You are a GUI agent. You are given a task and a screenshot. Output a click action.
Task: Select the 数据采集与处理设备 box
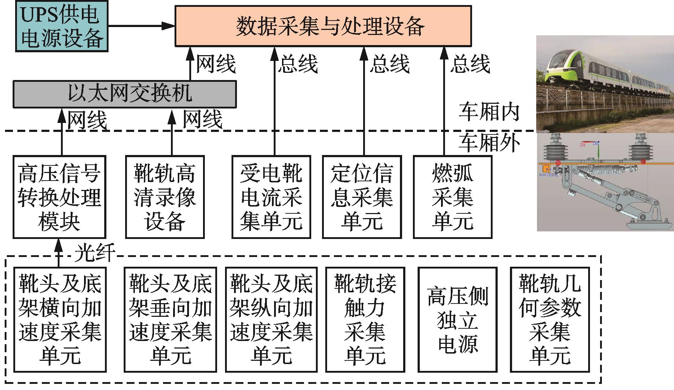[323, 26]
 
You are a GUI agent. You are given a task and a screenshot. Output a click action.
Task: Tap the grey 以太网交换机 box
[124, 94]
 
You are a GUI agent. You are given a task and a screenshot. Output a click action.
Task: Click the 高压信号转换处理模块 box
[59, 197]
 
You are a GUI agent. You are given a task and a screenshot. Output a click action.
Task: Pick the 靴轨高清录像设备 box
[165, 197]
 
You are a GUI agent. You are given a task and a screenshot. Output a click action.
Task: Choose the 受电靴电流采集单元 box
[271, 197]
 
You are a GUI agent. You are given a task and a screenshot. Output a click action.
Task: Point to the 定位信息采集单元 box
[362, 197]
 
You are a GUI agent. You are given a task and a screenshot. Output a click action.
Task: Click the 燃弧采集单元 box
[453, 197]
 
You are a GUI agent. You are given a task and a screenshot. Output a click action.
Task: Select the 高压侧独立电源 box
[458, 319]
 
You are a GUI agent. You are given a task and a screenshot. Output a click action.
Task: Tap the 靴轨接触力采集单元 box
[365, 319]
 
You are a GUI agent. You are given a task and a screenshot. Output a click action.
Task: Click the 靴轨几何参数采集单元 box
[550, 319]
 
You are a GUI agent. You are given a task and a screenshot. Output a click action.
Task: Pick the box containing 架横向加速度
[60, 319]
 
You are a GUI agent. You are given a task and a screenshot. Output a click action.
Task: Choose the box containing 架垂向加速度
[170, 319]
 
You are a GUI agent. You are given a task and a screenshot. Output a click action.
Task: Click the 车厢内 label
[489, 112]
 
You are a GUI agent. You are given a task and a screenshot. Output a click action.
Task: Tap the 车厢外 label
[489, 143]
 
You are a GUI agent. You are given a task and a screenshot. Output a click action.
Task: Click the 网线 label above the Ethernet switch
[216, 64]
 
